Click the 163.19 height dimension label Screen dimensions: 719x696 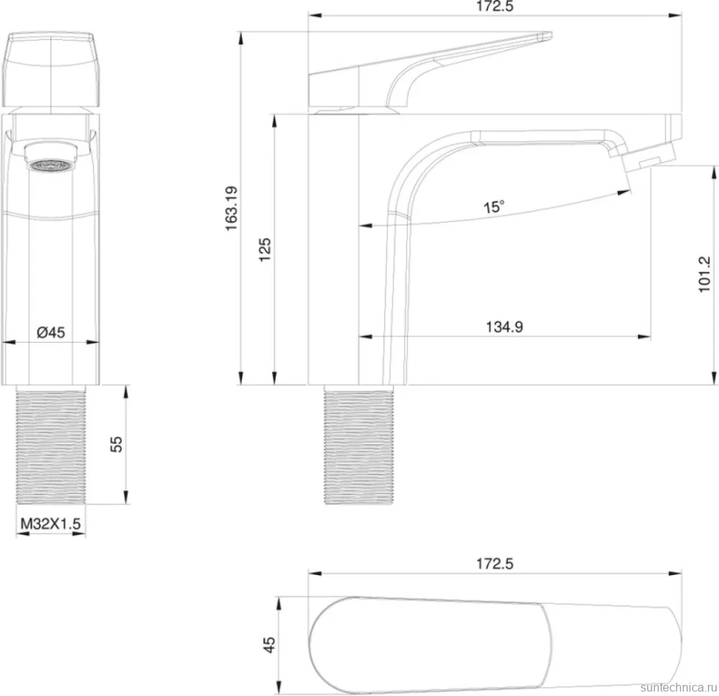click(231, 209)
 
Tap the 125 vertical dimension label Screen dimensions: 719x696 click(265, 250)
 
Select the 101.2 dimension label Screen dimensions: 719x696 click(704, 275)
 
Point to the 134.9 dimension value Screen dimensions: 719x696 click(504, 327)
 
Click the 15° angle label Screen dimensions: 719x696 click(494, 206)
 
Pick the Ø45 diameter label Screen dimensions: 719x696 click(51, 332)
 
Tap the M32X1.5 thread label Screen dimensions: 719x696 click(50, 523)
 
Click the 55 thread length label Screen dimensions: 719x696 click(116, 444)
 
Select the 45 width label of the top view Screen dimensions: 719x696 click(269, 645)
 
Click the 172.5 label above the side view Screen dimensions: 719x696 click(494, 7)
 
